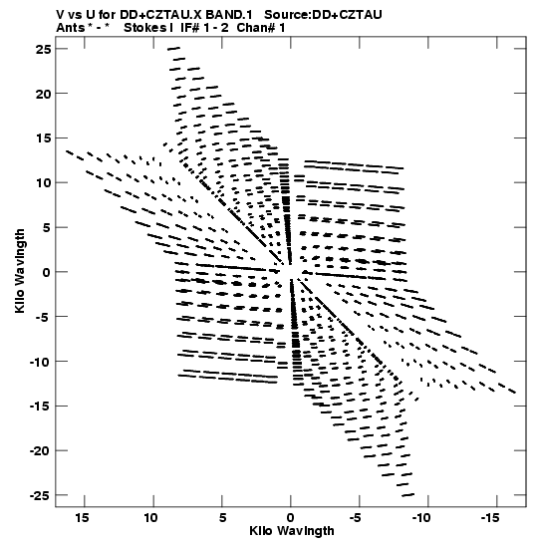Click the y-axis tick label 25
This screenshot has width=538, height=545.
[x=44, y=50]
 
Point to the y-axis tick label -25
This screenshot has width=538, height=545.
[x=40, y=495]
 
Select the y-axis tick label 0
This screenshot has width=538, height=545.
[x=47, y=273]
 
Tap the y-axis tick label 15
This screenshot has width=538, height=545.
[x=44, y=138]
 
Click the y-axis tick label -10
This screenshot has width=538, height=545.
[x=40, y=362]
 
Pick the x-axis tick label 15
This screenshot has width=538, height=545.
[x=82, y=518]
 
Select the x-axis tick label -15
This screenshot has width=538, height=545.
[x=490, y=518]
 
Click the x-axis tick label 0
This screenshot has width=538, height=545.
[x=291, y=518]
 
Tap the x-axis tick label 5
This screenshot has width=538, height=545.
[x=222, y=518]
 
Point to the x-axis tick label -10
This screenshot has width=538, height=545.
[x=421, y=518]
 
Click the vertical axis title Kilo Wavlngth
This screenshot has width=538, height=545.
[x=20, y=271]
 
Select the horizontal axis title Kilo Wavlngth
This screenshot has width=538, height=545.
[x=292, y=531]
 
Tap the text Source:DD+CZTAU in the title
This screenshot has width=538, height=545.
[x=323, y=15]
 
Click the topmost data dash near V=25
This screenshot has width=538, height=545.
[x=173, y=48]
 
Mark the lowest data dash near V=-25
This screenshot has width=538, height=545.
[x=408, y=495]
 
